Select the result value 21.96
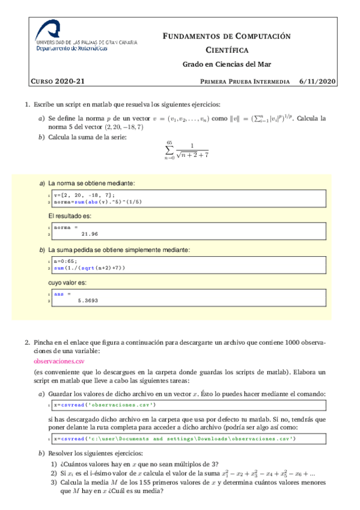click(89, 234)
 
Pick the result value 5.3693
click(88, 300)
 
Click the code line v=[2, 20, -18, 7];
click(84, 195)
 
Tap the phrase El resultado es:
click(70, 215)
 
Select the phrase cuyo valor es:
click(67, 281)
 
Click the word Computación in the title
click(259, 37)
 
